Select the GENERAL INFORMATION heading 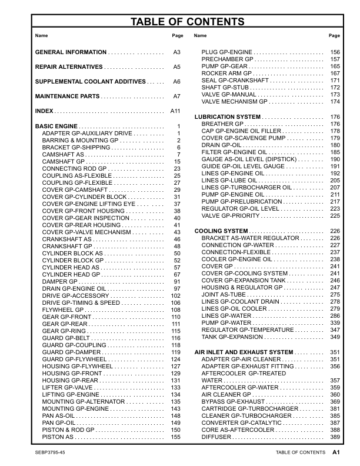pos(71,52)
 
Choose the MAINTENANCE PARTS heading pos(68,96)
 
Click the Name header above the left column pos(41,36)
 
